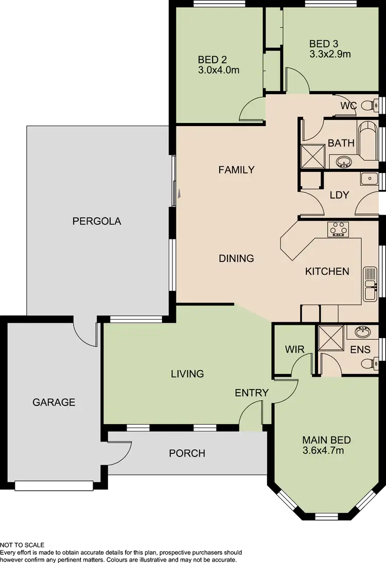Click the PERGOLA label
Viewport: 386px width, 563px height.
click(x=97, y=221)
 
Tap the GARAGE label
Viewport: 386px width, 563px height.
click(x=54, y=402)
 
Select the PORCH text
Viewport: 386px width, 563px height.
click(x=187, y=453)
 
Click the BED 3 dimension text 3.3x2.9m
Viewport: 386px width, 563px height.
click(x=330, y=54)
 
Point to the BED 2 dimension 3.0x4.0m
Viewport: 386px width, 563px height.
click(x=219, y=70)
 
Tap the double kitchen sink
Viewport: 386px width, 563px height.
click(x=370, y=284)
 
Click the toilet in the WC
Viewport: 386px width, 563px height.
click(x=367, y=106)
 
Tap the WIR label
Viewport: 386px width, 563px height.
click(x=294, y=349)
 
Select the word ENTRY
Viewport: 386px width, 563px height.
click(x=252, y=393)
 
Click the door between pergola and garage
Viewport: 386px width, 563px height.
click(x=85, y=332)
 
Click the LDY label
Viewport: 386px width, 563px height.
click(x=339, y=195)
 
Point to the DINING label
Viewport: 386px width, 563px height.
click(x=236, y=258)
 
